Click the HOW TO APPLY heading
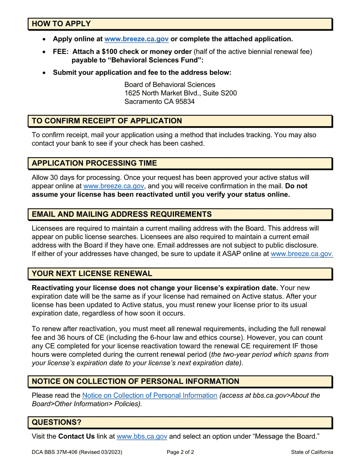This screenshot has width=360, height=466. (x=61, y=23)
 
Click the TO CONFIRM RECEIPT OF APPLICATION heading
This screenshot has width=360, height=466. (x=107, y=120)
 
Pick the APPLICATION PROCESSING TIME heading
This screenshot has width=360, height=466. (x=94, y=163)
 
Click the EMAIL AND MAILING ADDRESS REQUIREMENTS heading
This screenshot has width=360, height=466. (x=122, y=214)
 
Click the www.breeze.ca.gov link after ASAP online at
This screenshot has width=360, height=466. (x=302, y=254)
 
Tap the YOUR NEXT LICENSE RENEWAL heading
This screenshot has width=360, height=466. (x=92, y=273)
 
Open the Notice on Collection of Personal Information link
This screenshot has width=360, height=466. (x=150, y=396)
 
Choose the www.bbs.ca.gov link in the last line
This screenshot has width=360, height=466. (x=142, y=436)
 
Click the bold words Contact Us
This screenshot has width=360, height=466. (x=76, y=436)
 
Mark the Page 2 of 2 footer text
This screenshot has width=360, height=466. (x=180, y=452)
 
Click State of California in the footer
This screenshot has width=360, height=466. (x=312, y=452)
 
